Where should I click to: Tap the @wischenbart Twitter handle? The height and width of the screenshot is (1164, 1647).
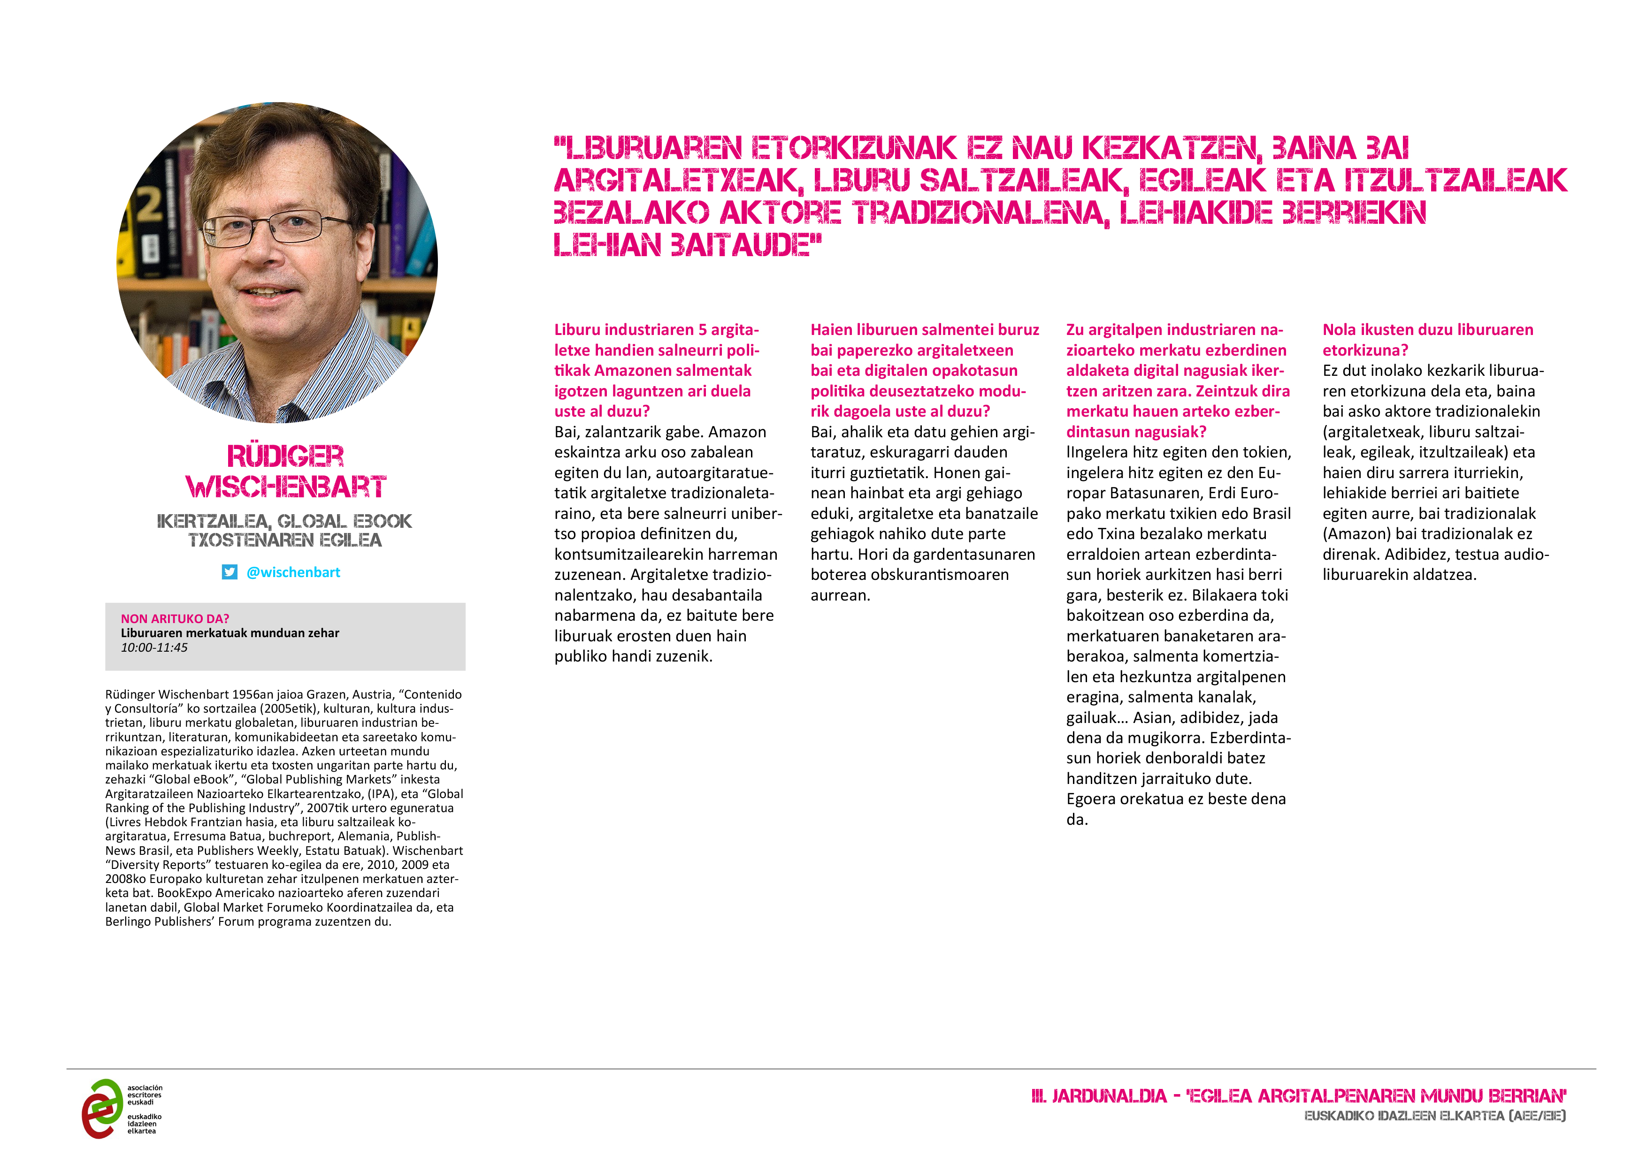(x=293, y=572)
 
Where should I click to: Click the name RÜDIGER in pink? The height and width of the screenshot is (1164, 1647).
(x=285, y=456)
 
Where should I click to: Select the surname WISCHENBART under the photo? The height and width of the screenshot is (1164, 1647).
(x=285, y=487)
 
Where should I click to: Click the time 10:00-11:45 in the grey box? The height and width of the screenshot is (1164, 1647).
(x=154, y=647)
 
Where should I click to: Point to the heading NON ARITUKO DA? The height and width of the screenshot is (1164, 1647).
(x=175, y=618)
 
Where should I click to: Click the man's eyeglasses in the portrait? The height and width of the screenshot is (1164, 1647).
(x=276, y=227)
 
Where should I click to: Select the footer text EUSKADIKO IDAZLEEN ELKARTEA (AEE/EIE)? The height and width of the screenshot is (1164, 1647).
(x=1435, y=1116)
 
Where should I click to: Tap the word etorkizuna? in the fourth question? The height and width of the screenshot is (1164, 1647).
(x=1365, y=350)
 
